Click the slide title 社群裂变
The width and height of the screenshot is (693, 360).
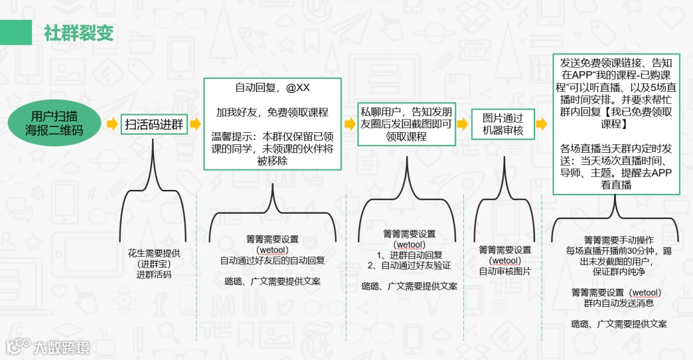pos(79,33)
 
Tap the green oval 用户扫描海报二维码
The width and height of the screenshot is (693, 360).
pos(55,123)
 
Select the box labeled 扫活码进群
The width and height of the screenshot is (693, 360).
pos(153,124)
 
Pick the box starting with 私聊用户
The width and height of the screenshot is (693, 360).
pos(406,124)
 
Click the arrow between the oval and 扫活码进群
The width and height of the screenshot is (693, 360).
pos(112,124)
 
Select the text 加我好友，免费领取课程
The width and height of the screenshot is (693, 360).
pos(272,112)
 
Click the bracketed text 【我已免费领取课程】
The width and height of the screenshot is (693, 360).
pos(616,118)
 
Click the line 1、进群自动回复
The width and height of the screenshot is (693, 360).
pos(405,255)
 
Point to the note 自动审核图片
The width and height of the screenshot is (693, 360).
pos(505,271)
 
